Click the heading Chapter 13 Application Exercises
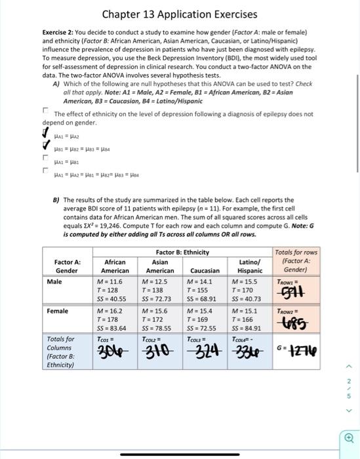click(x=179, y=14)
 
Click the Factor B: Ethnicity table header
click(x=182, y=252)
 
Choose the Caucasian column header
click(x=205, y=269)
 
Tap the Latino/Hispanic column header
click(x=249, y=266)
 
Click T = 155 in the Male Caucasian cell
click(x=199, y=290)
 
